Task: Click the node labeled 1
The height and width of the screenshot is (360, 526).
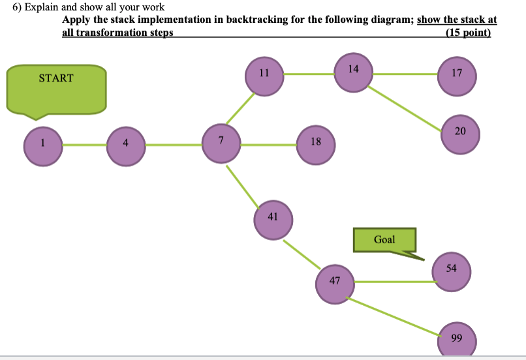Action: click(43, 145)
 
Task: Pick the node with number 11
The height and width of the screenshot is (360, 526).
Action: click(264, 76)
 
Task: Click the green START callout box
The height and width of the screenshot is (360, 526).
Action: click(56, 89)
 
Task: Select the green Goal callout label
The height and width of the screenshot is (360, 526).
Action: click(384, 240)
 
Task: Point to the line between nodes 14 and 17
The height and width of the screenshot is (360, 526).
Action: click(405, 74)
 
